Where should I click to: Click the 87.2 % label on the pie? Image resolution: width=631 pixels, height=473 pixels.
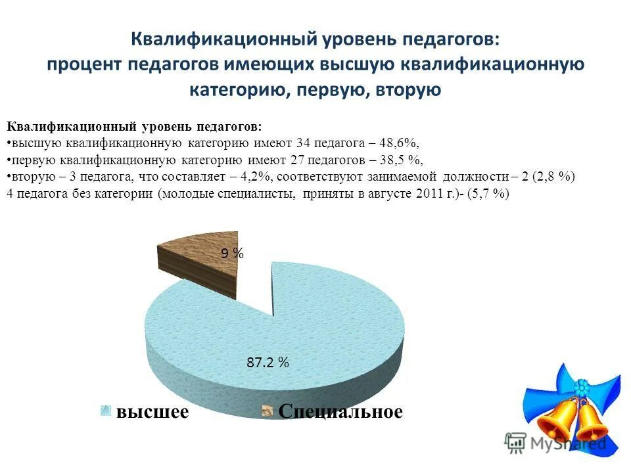coord(268,361)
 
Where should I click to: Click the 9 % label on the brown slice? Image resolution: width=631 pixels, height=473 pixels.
coord(232,254)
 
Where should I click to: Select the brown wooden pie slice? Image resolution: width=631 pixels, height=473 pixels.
coord(197,266)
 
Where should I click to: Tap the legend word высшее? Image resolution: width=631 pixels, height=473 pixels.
coord(152,412)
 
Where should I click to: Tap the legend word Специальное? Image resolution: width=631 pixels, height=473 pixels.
coord(340,412)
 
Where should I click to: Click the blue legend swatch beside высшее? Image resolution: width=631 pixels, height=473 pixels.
coord(106,412)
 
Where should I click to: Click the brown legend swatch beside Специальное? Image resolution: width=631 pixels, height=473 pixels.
coord(268,412)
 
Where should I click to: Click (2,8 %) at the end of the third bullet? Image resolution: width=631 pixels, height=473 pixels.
coord(553,177)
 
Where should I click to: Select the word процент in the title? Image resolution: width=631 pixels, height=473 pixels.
coord(84,64)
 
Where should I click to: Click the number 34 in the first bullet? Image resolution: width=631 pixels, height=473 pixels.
coord(303,143)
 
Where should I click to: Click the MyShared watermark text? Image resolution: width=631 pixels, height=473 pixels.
coord(569,443)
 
